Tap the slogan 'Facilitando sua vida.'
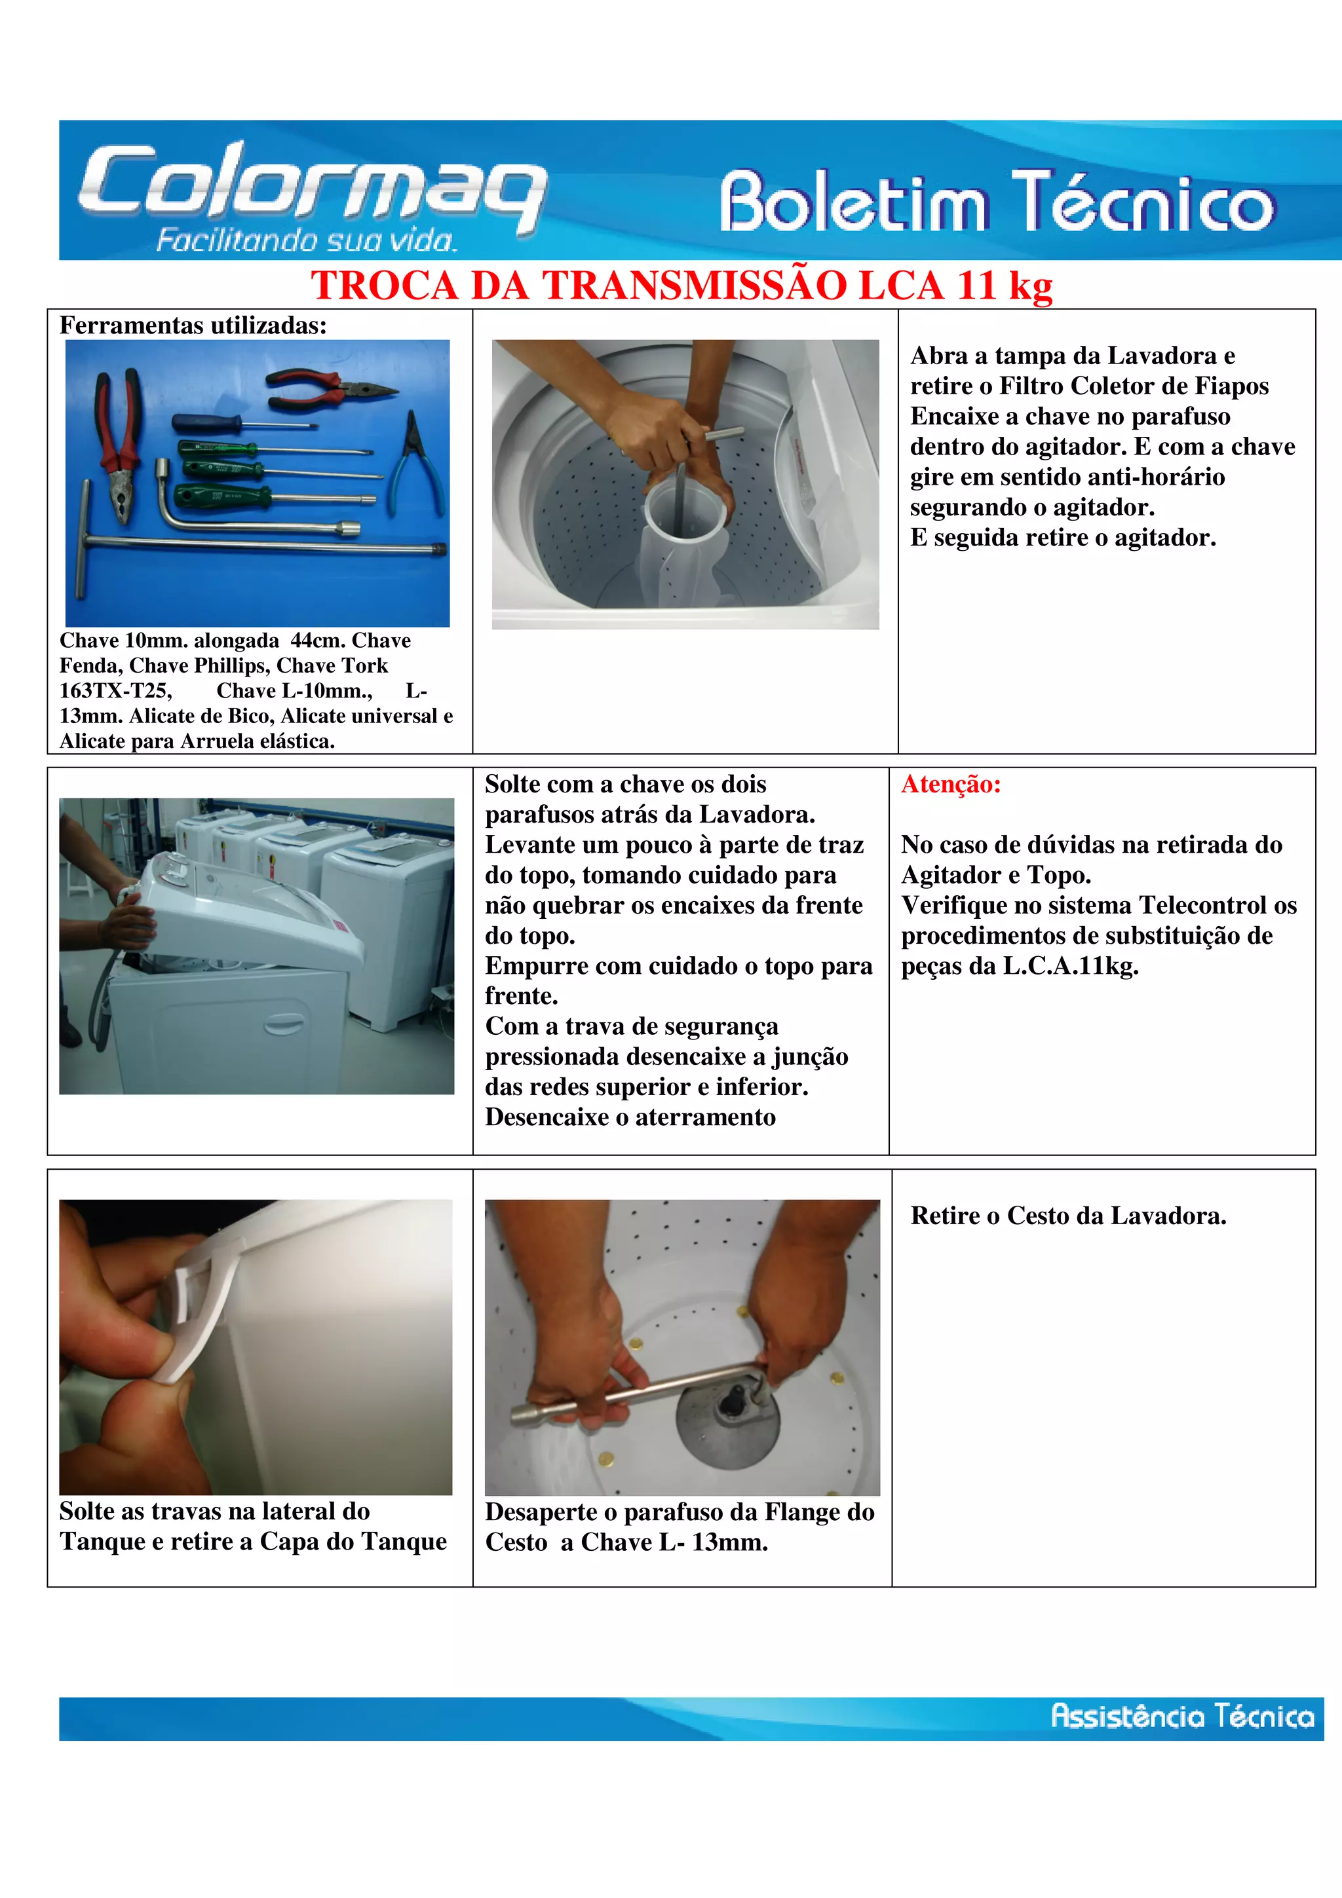click(306, 240)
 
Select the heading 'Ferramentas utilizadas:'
click(193, 326)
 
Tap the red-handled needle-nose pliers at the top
click(331, 388)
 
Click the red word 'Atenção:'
click(951, 784)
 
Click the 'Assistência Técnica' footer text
click(1182, 1716)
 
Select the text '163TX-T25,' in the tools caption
click(116, 691)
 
